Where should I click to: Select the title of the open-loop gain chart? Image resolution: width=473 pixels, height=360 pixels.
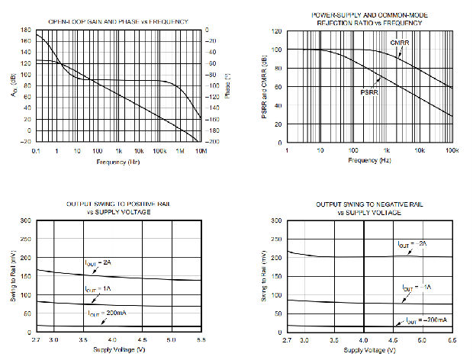coord(120,21)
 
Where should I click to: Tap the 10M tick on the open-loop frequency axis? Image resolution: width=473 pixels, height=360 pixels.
coord(201,152)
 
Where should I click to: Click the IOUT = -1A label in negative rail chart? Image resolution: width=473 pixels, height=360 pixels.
coord(418,288)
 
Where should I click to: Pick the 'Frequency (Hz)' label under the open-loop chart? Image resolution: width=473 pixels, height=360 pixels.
coord(119,162)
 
